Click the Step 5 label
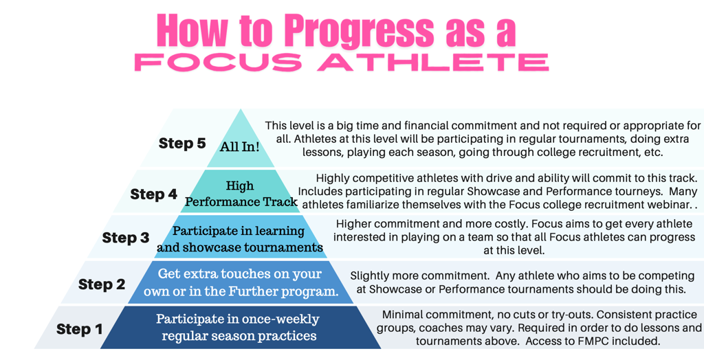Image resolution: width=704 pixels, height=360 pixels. point(182,143)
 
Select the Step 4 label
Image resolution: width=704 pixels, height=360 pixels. point(154,194)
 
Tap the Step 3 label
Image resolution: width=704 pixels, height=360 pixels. point(126,237)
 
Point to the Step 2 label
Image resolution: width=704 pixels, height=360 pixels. point(102,284)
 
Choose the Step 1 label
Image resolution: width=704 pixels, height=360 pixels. point(80,329)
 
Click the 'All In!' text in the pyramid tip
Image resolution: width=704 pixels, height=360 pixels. point(240,147)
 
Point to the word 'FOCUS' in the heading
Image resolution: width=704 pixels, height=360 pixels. point(220,63)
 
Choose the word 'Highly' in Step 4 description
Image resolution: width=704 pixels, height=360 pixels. point(331,178)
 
